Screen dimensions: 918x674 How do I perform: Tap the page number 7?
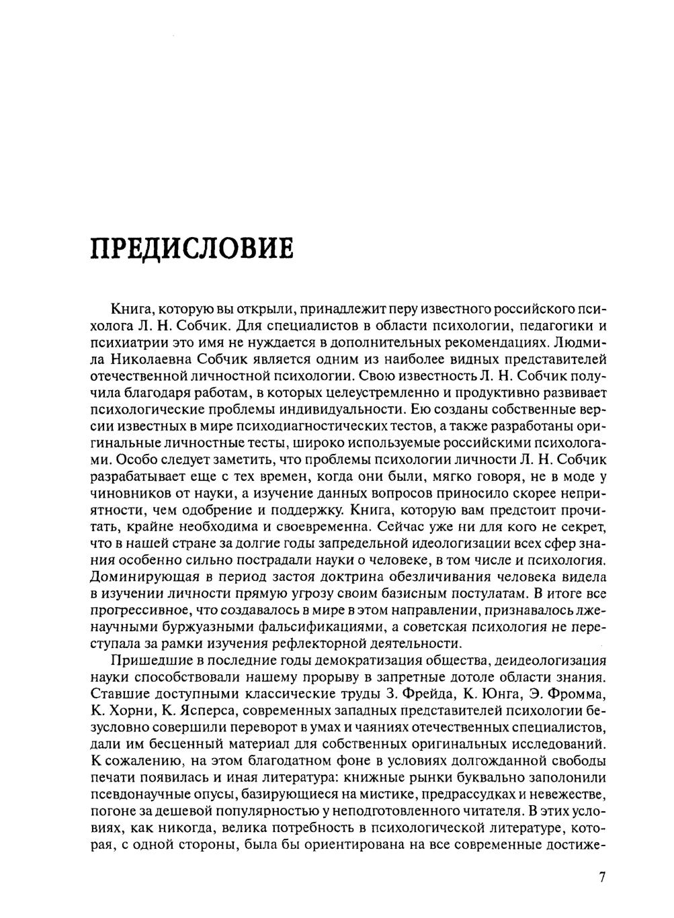(601, 878)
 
